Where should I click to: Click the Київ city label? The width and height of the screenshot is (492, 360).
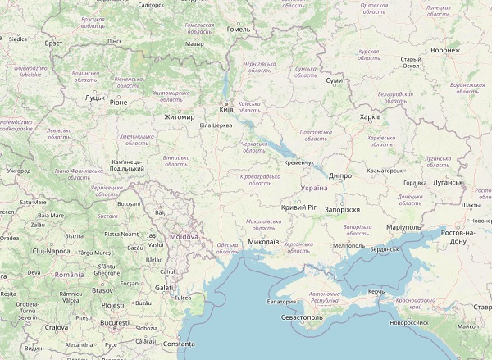225,112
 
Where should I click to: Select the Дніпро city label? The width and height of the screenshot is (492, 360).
339,175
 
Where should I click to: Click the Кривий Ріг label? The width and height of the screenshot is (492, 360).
298,208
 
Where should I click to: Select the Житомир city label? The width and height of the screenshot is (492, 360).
180,117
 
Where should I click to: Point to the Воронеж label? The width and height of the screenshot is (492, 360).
444,50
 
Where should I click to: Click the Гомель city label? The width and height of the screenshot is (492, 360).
239,29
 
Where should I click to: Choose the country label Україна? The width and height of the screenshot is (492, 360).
314,188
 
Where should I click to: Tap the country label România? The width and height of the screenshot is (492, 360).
69,275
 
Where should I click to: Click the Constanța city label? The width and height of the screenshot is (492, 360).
180,344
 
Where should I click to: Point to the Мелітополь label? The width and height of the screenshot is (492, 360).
349,245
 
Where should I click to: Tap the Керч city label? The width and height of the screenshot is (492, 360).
376,292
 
